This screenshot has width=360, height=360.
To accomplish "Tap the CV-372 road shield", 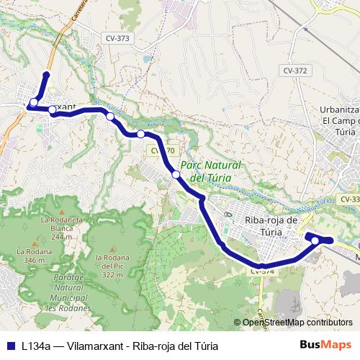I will coord(295,71).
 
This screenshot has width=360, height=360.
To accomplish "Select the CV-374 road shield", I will coord(263,271).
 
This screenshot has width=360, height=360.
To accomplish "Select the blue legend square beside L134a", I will coord(10,345).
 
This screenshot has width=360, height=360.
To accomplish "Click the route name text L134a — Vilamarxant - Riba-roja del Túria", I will coord(120,345).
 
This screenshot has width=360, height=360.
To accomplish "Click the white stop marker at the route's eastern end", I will coord(315,240).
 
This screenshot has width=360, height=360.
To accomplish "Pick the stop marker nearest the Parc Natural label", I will coord(176,174).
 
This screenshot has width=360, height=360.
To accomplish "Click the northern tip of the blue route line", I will coord(47,74).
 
